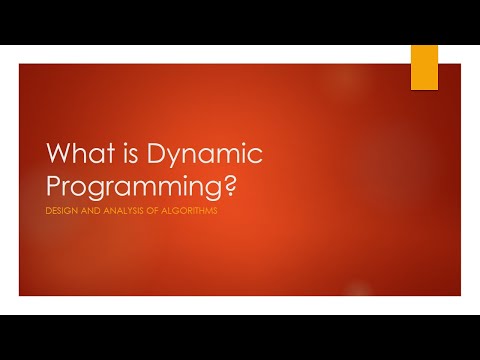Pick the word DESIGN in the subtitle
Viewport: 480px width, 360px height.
pos(61,211)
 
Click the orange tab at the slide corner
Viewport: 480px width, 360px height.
pos(425,67)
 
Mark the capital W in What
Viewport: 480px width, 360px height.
pos(62,155)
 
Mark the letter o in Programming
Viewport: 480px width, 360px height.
pos(85,188)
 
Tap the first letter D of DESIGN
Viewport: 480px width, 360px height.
pos(50,211)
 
